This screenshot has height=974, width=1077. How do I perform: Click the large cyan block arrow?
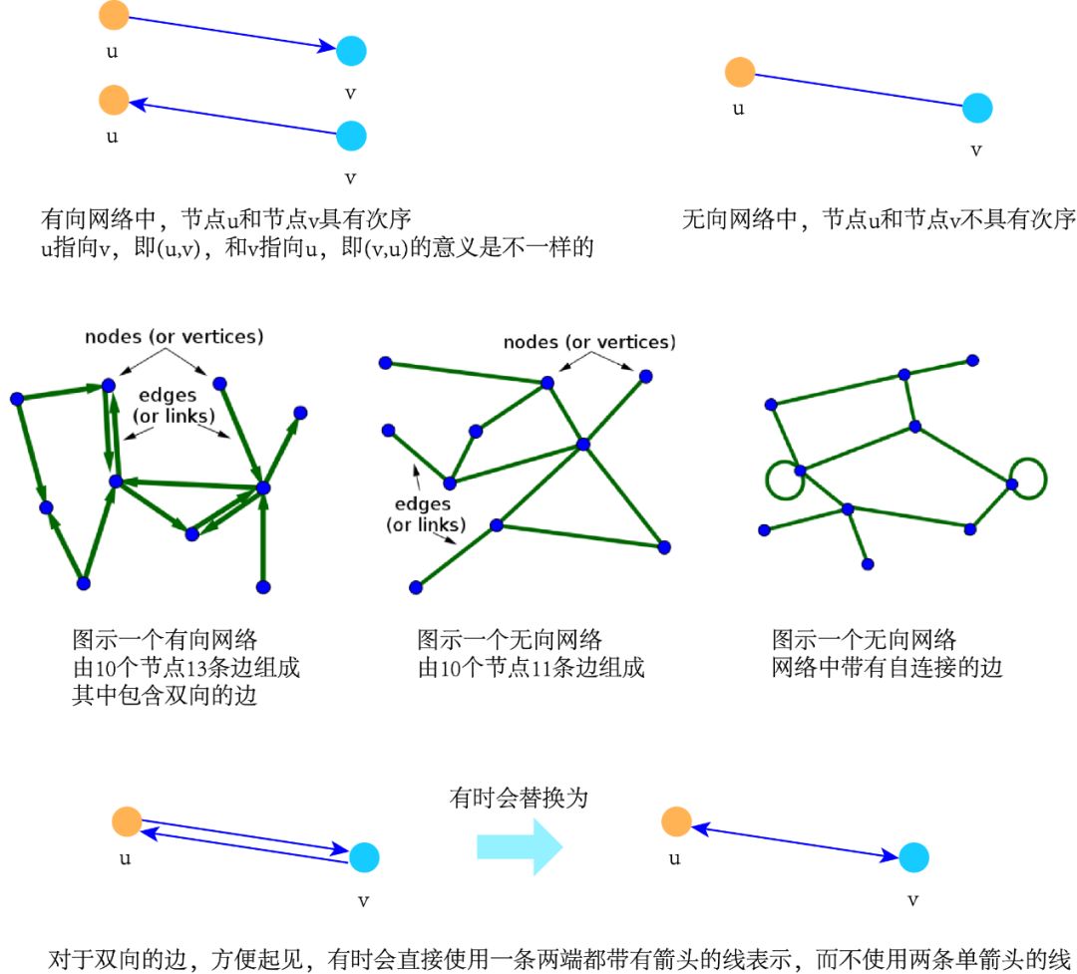pyautogui.click(x=521, y=846)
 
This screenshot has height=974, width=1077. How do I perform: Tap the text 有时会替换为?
pyautogui.click(x=520, y=800)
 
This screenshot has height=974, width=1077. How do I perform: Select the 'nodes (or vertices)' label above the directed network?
pyautogui.click(x=175, y=337)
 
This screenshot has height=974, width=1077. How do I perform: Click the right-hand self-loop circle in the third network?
pyautogui.click(x=1028, y=478)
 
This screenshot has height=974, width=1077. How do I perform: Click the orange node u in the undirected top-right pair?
pyautogui.click(x=739, y=73)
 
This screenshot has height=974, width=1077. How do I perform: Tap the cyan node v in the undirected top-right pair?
pyautogui.click(x=977, y=109)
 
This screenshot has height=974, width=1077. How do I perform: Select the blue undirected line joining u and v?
pyautogui.click(x=858, y=91)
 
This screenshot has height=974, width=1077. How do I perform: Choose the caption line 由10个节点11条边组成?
pyautogui.click(x=531, y=667)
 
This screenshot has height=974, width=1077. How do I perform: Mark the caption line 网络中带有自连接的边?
pyautogui.click(x=887, y=667)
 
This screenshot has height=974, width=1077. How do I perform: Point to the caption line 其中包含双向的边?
pyautogui.click(x=165, y=695)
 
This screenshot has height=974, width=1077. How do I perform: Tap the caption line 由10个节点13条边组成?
pyautogui.click(x=185, y=667)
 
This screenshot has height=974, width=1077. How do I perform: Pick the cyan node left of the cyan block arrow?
pyautogui.click(x=364, y=856)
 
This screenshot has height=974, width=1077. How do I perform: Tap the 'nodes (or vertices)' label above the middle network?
pyautogui.click(x=588, y=342)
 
